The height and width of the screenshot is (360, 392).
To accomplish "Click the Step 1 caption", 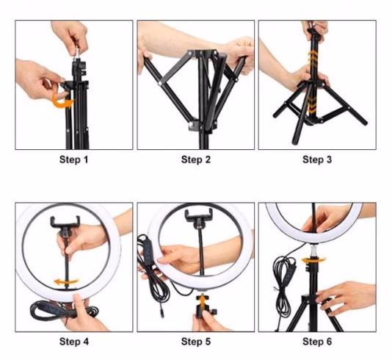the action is [73, 159].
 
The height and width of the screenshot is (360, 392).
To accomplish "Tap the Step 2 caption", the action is [196, 159].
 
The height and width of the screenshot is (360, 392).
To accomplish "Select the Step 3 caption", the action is [317, 159].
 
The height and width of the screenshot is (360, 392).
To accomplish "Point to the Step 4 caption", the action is [73, 342].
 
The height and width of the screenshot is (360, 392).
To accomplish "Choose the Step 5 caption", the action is [196, 342].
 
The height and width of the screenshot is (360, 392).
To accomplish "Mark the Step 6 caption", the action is [317, 342].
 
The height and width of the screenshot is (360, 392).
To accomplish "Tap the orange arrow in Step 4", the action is [66, 282].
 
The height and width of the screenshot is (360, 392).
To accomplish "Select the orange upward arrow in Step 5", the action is [201, 301].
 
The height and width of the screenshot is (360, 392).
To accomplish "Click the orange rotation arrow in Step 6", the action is [313, 260].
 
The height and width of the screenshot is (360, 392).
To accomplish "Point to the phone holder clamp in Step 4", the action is [65, 222].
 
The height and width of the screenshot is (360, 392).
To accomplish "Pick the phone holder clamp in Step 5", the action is [199, 215].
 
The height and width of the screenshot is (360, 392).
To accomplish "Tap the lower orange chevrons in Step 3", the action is [311, 104].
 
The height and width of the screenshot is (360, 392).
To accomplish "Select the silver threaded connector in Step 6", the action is [313, 251].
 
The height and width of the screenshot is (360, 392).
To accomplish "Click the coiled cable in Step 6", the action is [285, 285].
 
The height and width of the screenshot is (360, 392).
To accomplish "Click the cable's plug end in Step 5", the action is [162, 314].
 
